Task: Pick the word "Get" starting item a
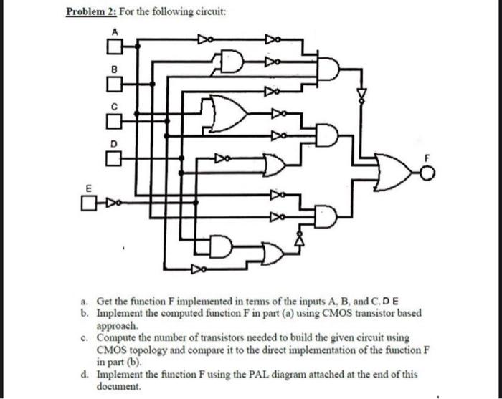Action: click(x=105, y=303)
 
